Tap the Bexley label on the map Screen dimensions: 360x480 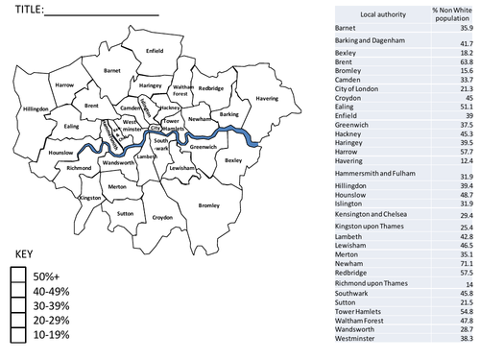[x=234, y=160]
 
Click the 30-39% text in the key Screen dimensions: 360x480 [x=57, y=304]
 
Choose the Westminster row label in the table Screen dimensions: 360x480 [x=361, y=339]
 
